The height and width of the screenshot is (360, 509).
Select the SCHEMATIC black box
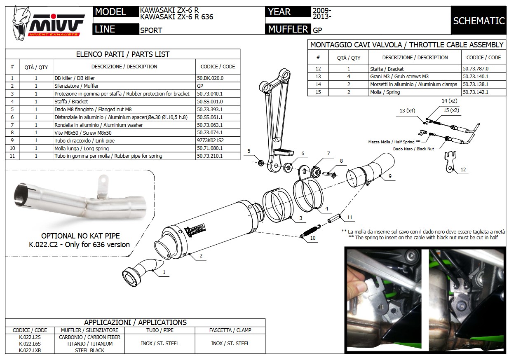[479, 21]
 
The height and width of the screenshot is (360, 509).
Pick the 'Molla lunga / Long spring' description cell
[82, 148]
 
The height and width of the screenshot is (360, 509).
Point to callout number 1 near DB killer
[164, 273]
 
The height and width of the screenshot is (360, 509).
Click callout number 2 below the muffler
[201, 256]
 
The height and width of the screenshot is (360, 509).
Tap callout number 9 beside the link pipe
[389, 176]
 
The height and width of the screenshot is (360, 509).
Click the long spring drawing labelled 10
[312, 231]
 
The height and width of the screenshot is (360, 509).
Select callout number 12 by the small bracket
[464, 170]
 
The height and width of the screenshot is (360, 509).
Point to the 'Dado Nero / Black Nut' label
[413, 149]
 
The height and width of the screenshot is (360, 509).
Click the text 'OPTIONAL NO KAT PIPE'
[80, 236]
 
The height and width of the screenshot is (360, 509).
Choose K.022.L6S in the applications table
[30, 344]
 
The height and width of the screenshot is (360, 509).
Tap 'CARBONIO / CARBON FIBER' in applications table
[90, 337]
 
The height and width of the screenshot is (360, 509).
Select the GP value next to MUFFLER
[318, 30]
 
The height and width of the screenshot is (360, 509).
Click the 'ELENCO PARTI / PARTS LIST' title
[123, 54]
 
